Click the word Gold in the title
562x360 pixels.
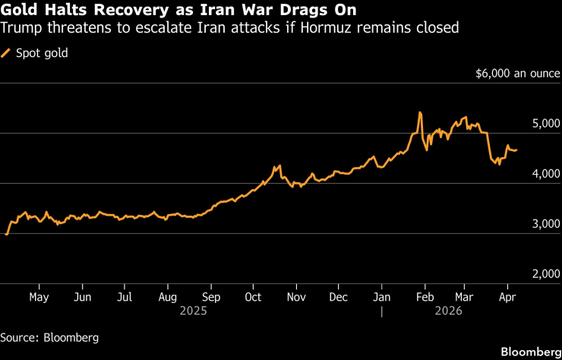click(17, 11)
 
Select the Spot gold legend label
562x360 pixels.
click(36, 53)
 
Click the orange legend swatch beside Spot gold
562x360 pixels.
click(7, 53)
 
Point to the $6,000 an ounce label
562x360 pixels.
click(518, 74)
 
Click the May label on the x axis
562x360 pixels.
click(38, 296)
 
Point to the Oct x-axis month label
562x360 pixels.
click(254, 296)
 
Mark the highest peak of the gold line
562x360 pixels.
click(419, 112)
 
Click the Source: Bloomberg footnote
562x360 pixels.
click(49, 336)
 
